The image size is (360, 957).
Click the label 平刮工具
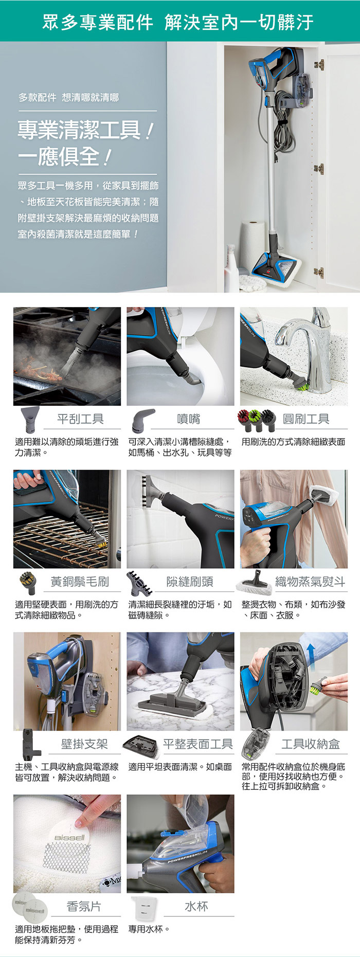[80, 419]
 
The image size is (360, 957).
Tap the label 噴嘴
[188, 419]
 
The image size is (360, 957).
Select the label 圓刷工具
[306, 419]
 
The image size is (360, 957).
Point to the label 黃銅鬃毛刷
[80, 582]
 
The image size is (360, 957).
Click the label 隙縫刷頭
[189, 582]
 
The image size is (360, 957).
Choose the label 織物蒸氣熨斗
[310, 582]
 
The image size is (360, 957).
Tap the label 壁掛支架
[84, 744]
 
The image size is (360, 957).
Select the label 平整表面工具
[198, 744]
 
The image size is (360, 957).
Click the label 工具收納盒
[311, 744]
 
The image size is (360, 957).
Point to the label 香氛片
[84, 907]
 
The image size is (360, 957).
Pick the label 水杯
[196, 907]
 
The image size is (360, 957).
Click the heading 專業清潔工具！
[85, 131]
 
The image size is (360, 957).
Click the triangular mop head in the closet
[276, 267]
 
